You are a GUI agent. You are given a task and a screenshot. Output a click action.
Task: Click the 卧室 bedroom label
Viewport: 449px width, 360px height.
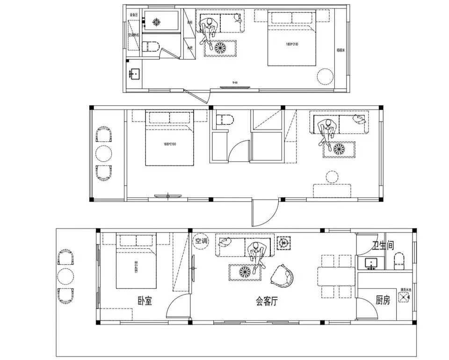click(145, 301)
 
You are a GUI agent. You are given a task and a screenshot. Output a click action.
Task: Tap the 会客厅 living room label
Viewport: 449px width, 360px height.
click(267, 302)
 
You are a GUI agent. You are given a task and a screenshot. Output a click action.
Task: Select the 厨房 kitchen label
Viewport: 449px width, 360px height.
click(383, 300)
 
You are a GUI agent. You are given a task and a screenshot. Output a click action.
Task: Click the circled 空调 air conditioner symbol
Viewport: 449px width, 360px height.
click(201, 241)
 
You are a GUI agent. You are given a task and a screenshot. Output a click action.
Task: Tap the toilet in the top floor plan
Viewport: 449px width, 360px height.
click(151, 46)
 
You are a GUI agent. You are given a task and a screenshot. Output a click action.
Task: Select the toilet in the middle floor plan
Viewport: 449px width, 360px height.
click(225, 120)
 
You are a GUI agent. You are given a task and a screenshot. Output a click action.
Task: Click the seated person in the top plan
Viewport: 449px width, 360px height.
click(208, 29)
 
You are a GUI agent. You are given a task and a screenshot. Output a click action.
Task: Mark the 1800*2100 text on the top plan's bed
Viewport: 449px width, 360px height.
click(292, 44)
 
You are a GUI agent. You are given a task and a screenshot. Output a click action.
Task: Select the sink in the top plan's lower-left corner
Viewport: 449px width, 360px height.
click(134, 74)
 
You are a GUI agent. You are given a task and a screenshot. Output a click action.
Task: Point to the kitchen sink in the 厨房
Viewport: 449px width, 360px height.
click(403, 297)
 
